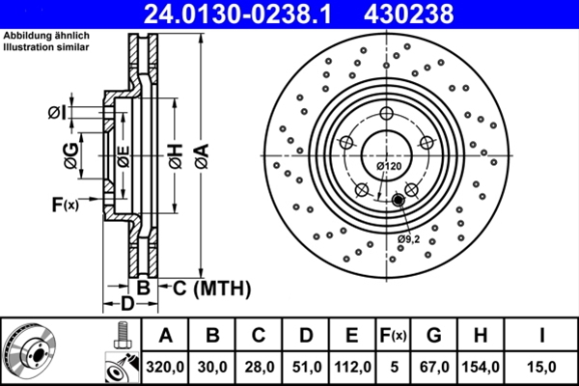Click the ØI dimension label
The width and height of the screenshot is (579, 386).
[x=58, y=113]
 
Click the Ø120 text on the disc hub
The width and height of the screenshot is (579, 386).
[x=389, y=167]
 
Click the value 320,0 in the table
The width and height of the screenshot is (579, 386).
[x=165, y=366]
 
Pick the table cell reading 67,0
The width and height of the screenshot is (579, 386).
[x=433, y=366]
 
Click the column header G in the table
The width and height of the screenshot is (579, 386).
[x=433, y=335]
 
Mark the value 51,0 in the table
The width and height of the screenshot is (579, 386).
[x=306, y=366]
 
